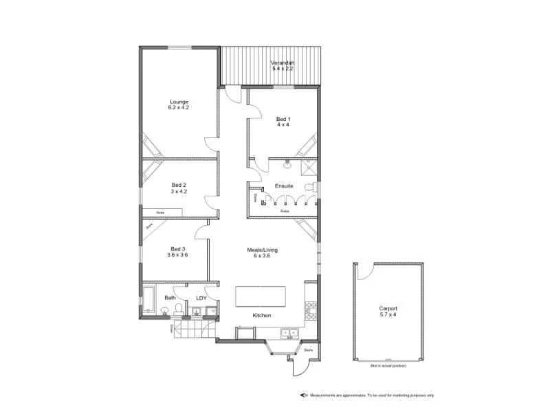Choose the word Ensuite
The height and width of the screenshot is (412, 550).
point(284,186)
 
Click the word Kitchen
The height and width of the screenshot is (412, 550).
point(262,315)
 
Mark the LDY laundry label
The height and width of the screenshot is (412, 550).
point(201,298)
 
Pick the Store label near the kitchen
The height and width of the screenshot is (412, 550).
point(309,350)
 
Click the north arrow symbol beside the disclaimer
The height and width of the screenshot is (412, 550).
point(302,395)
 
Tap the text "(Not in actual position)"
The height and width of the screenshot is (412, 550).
point(388,365)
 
